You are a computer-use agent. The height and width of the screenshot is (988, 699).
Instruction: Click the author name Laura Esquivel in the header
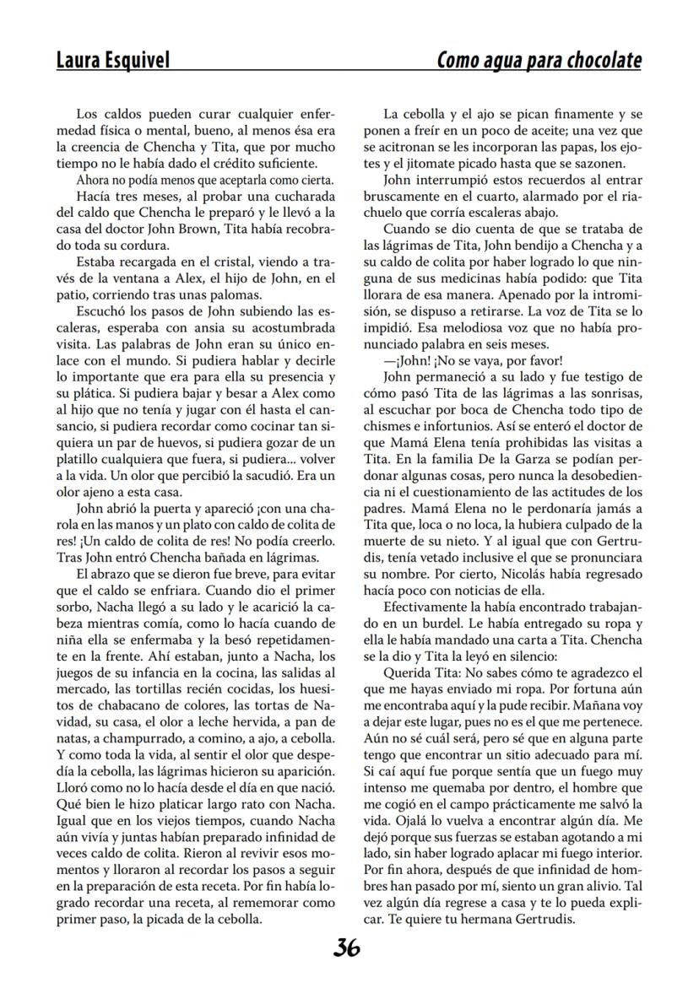tap(112, 61)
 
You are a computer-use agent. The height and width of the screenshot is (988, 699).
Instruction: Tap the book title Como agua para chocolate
tap(539, 61)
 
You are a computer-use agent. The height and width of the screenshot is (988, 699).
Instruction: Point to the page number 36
tap(346, 948)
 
